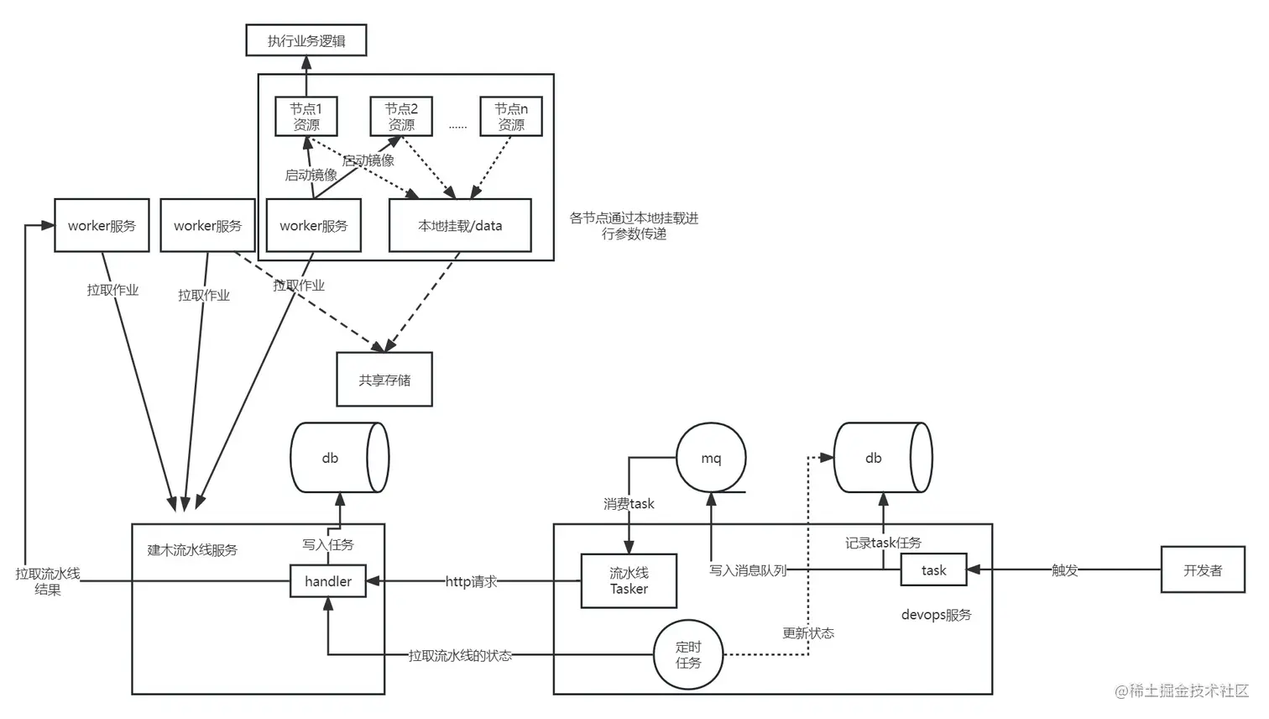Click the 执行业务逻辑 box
pyautogui.click(x=305, y=40)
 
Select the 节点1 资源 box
pyautogui.click(x=306, y=117)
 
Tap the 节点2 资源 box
pyautogui.click(x=401, y=117)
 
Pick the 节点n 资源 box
pyautogui.click(x=510, y=117)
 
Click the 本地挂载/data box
pyautogui.click(x=460, y=225)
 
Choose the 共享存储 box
pyautogui.click(x=384, y=380)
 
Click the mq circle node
pyautogui.click(x=711, y=458)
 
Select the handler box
pyautogui.click(x=328, y=581)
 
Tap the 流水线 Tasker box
pyautogui.click(x=629, y=580)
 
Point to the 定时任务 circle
pyautogui.click(x=688, y=654)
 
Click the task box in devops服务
pyautogui.click(x=933, y=570)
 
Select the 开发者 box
pyautogui.click(x=1203, y=570)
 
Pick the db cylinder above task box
pyautogui.click(x=882, y=458)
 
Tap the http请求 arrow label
pyautogui.click(x=471, y=581)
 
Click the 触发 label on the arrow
pyautogui.click(x=1064, y=570)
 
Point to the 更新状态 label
pyautogui.click(x=808, y=632)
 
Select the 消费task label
pyautogui.click(x=629, y=504)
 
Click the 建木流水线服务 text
pyautogui.click(x=192, y=550)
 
